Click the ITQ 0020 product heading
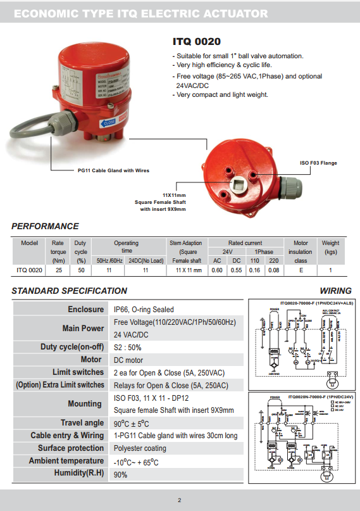197,42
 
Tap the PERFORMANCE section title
45,226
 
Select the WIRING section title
335,291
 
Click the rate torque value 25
58,270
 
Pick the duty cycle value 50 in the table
80,270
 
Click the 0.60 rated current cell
217,270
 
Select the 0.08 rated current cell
273,270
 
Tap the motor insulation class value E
301,270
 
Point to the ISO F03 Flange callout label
318,163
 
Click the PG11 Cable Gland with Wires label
113,170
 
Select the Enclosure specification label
85,310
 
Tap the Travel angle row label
82,422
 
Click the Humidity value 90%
121,474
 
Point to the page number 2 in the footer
180,500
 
